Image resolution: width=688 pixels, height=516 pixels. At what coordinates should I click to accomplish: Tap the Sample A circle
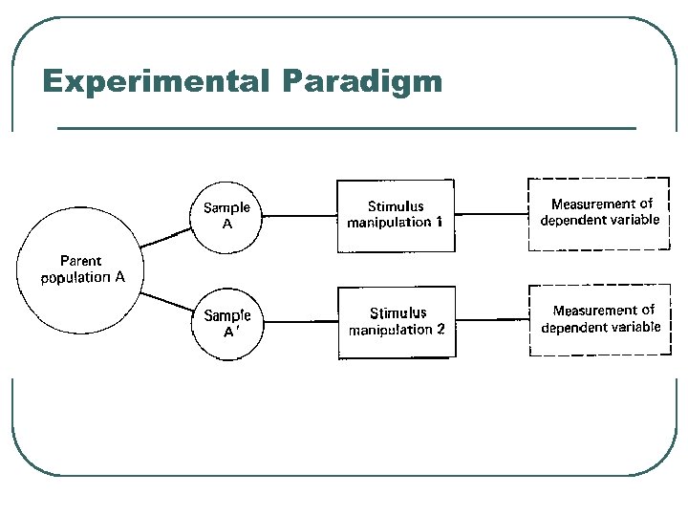[x=226, y=216]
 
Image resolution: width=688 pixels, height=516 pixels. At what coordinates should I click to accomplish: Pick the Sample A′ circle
[x=227, y=323]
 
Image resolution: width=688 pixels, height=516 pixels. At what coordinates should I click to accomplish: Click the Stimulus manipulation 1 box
[x=396, y=215]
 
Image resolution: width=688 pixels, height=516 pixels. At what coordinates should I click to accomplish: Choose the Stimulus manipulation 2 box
[x=397, y=322]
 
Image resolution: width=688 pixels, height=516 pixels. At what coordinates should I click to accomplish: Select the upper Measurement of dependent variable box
[x=599, y=212]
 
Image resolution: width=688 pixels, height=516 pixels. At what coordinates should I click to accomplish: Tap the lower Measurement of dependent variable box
[x=599, y=319]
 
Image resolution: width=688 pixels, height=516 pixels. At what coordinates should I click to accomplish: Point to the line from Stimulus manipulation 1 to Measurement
[x=492, y=213]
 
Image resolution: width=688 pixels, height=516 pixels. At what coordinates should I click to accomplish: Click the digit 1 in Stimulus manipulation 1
[x=439, y=223]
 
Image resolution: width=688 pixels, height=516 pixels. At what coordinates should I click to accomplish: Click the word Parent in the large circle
[x=80, y=260]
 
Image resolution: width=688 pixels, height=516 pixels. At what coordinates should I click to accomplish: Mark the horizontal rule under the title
[x=346, y=128]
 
